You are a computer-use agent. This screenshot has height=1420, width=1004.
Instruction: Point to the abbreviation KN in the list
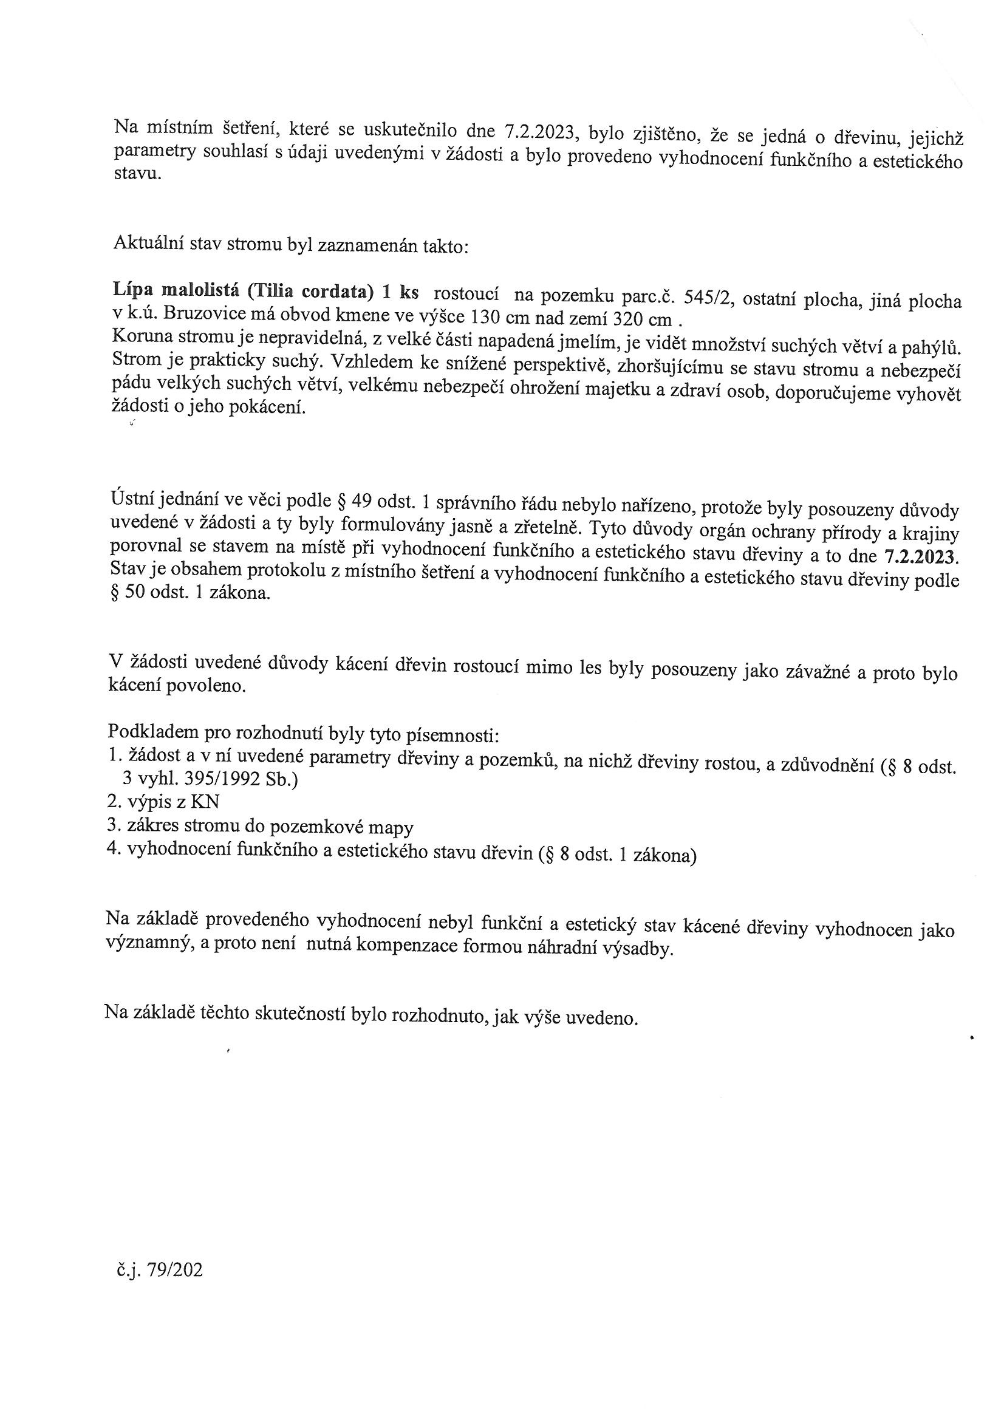(x=205, y=802)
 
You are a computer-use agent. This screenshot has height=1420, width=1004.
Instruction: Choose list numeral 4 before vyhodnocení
(x=112, y=849)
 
